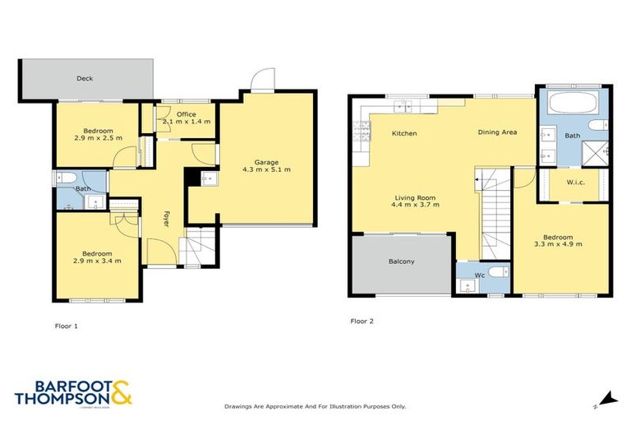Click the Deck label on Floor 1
84,79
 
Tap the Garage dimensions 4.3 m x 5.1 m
266,169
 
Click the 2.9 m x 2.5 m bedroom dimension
97,137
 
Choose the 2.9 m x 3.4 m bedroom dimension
97,261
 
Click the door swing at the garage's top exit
261,81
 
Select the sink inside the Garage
206,178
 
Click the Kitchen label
403,133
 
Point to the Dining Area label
498,132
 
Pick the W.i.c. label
575,183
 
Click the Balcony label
401,261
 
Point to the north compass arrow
607,397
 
